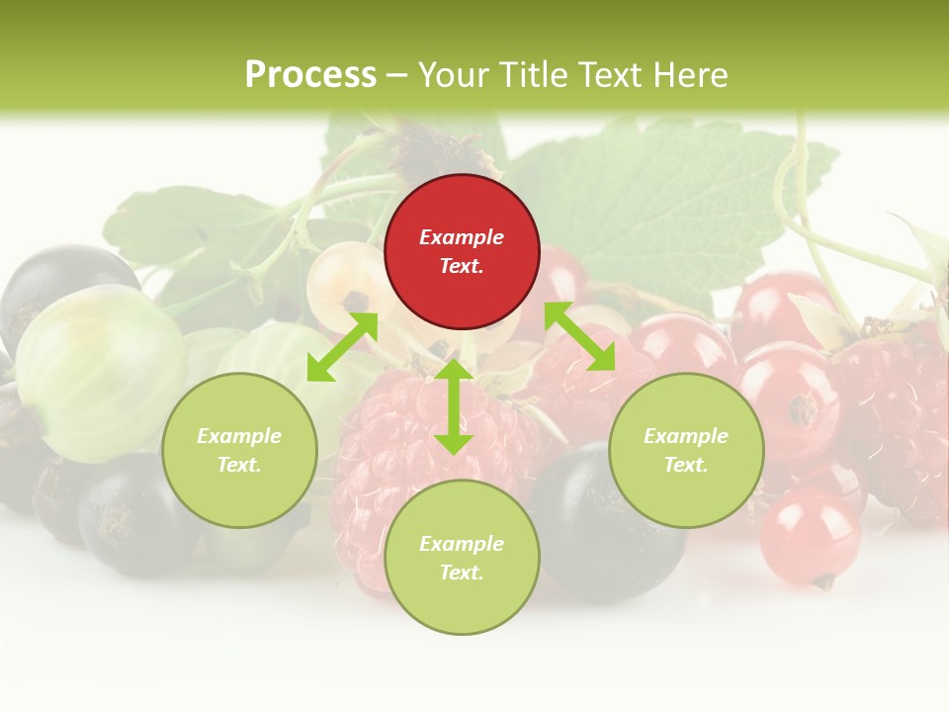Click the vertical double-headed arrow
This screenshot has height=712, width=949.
point(454,406)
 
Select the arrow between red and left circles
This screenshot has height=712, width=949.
point(342,347)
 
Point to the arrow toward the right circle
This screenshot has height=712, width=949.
point(580,336)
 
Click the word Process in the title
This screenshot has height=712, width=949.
point(310,74)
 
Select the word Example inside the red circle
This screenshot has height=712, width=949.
point(462,237)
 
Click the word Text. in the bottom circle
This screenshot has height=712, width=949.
point(462,573)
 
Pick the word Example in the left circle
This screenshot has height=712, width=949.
point(239,436)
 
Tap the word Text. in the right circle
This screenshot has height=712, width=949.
point(686,465)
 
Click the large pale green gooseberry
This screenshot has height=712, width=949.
point(99,371)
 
